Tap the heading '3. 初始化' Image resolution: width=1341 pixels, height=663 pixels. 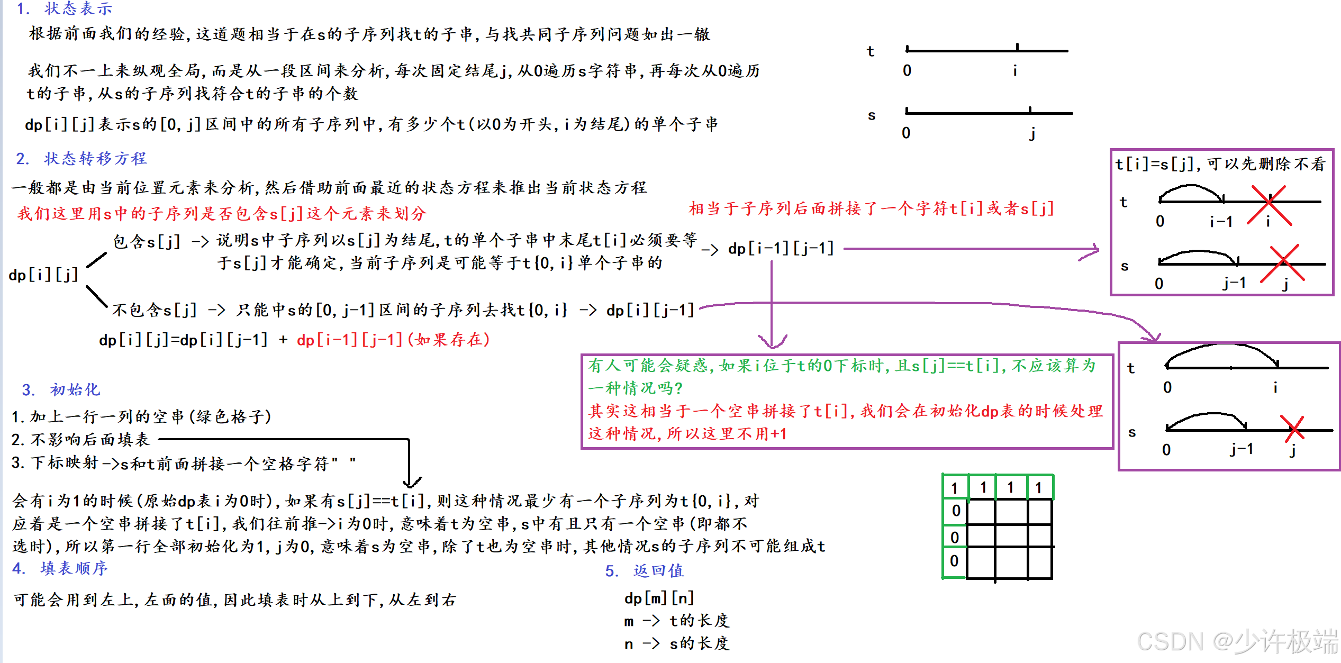tap(61, 389)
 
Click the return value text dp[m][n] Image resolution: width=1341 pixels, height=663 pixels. tap(659, 598)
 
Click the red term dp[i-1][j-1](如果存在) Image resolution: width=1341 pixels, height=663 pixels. tap(393, 340)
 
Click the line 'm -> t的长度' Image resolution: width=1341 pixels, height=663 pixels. tap(676, 621)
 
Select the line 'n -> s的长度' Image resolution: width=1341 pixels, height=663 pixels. tap(676, 643)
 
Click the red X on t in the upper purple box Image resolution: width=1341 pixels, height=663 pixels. tap(1269, 205)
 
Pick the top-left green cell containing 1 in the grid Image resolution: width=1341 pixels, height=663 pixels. tap(955, 487)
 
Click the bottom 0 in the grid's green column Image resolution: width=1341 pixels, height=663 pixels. tap(954, 561)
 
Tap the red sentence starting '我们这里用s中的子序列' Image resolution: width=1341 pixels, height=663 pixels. tap(222, 214)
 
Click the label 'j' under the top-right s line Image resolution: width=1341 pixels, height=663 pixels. tap(1032, 133)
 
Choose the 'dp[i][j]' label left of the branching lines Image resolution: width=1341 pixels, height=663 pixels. tap(43, 275)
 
